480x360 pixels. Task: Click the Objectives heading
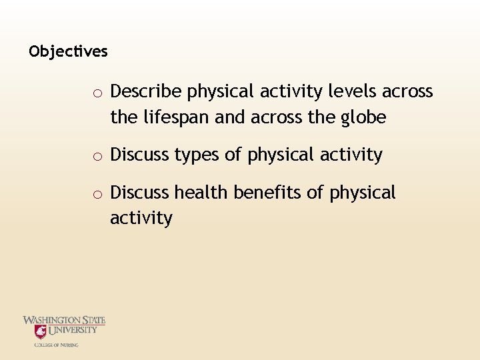click(68, 51)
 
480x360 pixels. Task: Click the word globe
click(363, 117)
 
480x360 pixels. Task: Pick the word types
click(197, 155)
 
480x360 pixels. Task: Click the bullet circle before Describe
click(97, 93)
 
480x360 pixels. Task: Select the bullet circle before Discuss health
click(97, 195)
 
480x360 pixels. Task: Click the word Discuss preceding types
click(139, 155)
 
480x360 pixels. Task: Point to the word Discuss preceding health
click(139, 193)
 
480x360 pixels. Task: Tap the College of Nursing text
click(57, 345)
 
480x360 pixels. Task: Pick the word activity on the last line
click(141, 219)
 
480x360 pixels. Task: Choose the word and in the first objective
click(231, 117)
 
